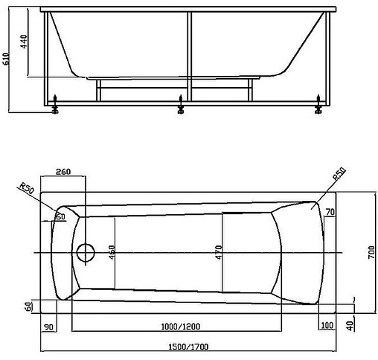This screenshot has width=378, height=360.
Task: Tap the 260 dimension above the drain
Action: click(x=63, y=172)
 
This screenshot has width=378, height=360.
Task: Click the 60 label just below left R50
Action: click(x=60, y=216)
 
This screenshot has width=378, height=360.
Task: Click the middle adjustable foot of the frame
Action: click(x=181, y=110)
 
